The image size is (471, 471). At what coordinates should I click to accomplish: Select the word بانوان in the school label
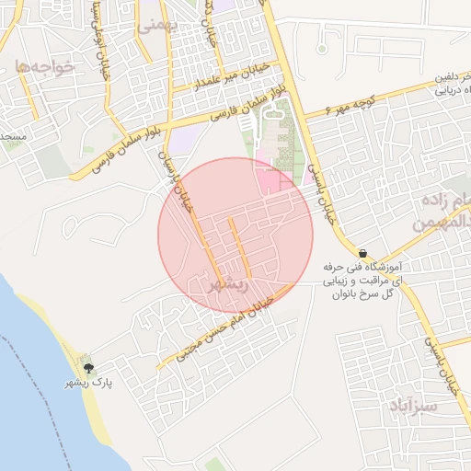point(339,292)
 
